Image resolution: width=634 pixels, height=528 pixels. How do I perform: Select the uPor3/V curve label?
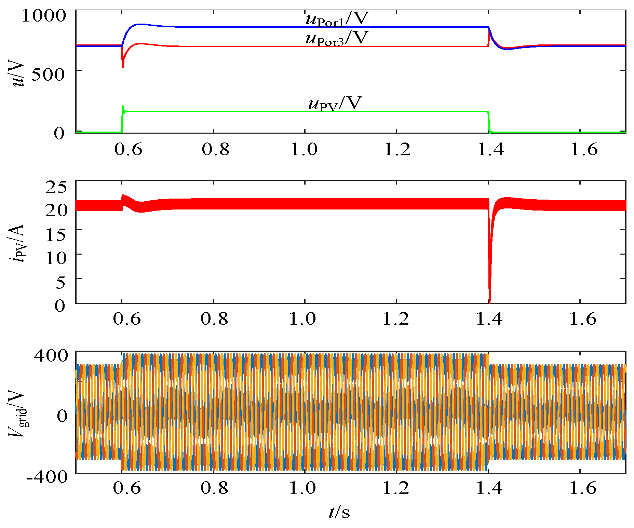tap(337, 38)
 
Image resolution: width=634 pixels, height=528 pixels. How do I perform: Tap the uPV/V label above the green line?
tap(335, 103)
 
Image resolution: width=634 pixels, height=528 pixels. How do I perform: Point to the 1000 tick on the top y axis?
tap(43, 15)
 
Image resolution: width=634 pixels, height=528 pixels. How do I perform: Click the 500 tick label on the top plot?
tap(48, 74)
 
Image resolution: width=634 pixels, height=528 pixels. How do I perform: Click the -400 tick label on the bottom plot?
tap(47, 477)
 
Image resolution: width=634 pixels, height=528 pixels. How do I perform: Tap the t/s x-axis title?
tap(339, 512)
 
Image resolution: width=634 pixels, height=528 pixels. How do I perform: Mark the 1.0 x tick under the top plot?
tap(304, 150)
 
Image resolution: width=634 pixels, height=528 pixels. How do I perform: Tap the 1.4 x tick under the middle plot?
tap(489, 319)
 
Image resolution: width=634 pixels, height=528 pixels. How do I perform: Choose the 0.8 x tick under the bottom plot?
tap(214, 488)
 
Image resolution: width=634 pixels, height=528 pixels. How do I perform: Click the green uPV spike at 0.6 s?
tap(123, 107)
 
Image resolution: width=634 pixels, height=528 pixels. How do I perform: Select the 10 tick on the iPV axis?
tap(56, 258)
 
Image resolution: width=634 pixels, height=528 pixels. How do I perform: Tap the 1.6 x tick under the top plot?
tap(584, 150)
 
